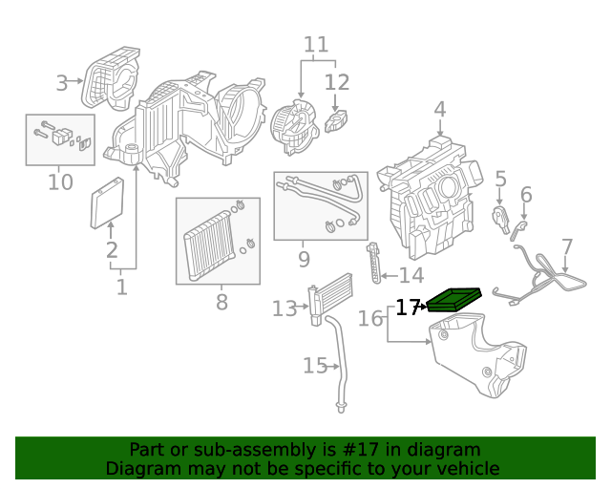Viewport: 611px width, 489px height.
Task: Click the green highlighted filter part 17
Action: (x=454, y=300)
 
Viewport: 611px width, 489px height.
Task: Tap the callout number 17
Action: (x=408, y=308)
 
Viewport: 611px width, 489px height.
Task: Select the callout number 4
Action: (x=439, y=110)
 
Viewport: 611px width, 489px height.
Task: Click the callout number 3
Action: (x=62, y=83)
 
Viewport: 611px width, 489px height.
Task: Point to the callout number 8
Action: (x=221, y=303)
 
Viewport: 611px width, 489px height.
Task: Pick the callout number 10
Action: (x=59, y=181)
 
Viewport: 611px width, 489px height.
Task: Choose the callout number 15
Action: (x=315, y=365)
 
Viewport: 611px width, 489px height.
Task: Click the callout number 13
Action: (x=284, y=308)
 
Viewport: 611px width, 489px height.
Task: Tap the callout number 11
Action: (x=316, y=44)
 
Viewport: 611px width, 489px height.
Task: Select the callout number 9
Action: (x=304, y=259)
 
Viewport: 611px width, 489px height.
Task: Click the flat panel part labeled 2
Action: (x=107, y=203)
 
